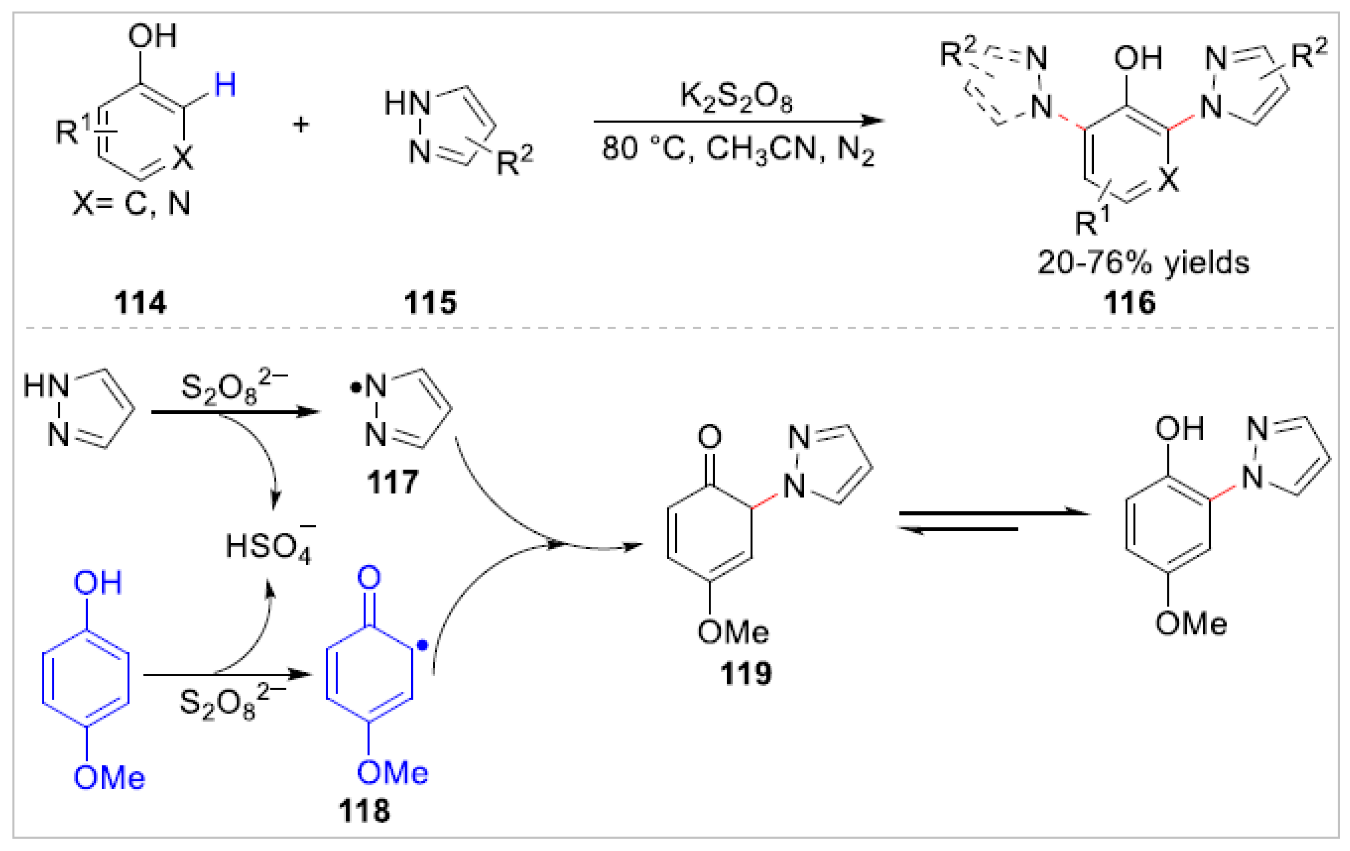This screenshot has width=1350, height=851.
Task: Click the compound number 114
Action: click(x=140, y=303)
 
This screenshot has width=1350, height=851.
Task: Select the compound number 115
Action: click(x=430, y=303)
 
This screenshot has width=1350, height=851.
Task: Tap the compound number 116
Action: click(x=1129, y=303)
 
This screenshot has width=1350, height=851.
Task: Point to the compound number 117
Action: click(x=393, y=482)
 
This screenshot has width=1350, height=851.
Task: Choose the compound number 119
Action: click(x=745, y=673)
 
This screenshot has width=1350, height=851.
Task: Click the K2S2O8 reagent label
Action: click(x=736, y=97)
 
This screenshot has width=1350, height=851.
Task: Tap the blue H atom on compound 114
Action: click(x=225, y=86)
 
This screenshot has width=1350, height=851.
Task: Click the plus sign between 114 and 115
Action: click(x=301, y=124)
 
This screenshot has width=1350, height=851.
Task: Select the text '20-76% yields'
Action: click(x=1143, y=262)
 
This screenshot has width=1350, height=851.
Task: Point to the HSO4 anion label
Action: click(x=269, y=547)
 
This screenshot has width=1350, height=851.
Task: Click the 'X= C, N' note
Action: click(x=132, y=203)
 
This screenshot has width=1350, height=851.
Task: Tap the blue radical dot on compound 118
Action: click(x=422, y=646)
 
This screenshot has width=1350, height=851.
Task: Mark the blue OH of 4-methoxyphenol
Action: click(x=97, y=583)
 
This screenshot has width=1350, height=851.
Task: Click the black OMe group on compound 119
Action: click(x=733, y=632)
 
